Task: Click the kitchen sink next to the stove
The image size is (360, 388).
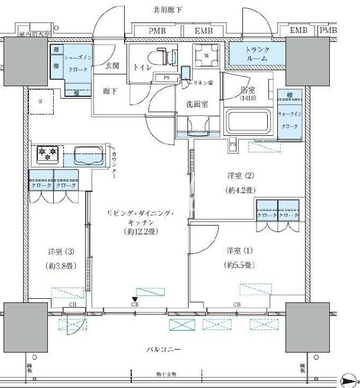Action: pos(84,156)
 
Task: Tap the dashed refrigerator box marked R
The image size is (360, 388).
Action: pos(40,102)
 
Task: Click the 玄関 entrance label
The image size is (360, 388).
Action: pos(112,66)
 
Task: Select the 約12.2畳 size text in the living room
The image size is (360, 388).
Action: pos(140,232)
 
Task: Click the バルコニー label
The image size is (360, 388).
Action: pos(163,350)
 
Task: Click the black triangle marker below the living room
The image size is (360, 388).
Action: pos(135,299)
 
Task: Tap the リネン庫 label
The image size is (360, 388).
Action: pos(202,83)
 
